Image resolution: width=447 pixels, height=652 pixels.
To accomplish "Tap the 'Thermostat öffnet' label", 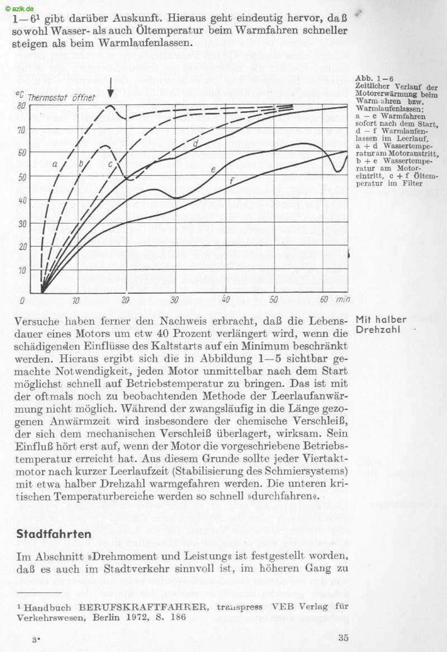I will (x=61, y=97).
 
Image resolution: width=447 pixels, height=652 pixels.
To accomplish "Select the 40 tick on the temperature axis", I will (x=22, y=200).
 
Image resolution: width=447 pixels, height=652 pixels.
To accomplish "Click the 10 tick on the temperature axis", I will (x=22, y=270).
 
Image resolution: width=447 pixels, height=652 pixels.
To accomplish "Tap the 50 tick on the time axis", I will (x=273, y=299).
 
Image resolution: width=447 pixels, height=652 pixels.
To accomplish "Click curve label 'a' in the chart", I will (x=55, y=164).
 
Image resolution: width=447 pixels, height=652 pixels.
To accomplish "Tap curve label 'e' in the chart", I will (x=213, y=168).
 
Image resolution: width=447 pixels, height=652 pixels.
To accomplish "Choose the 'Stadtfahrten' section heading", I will (x=54, y=534).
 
